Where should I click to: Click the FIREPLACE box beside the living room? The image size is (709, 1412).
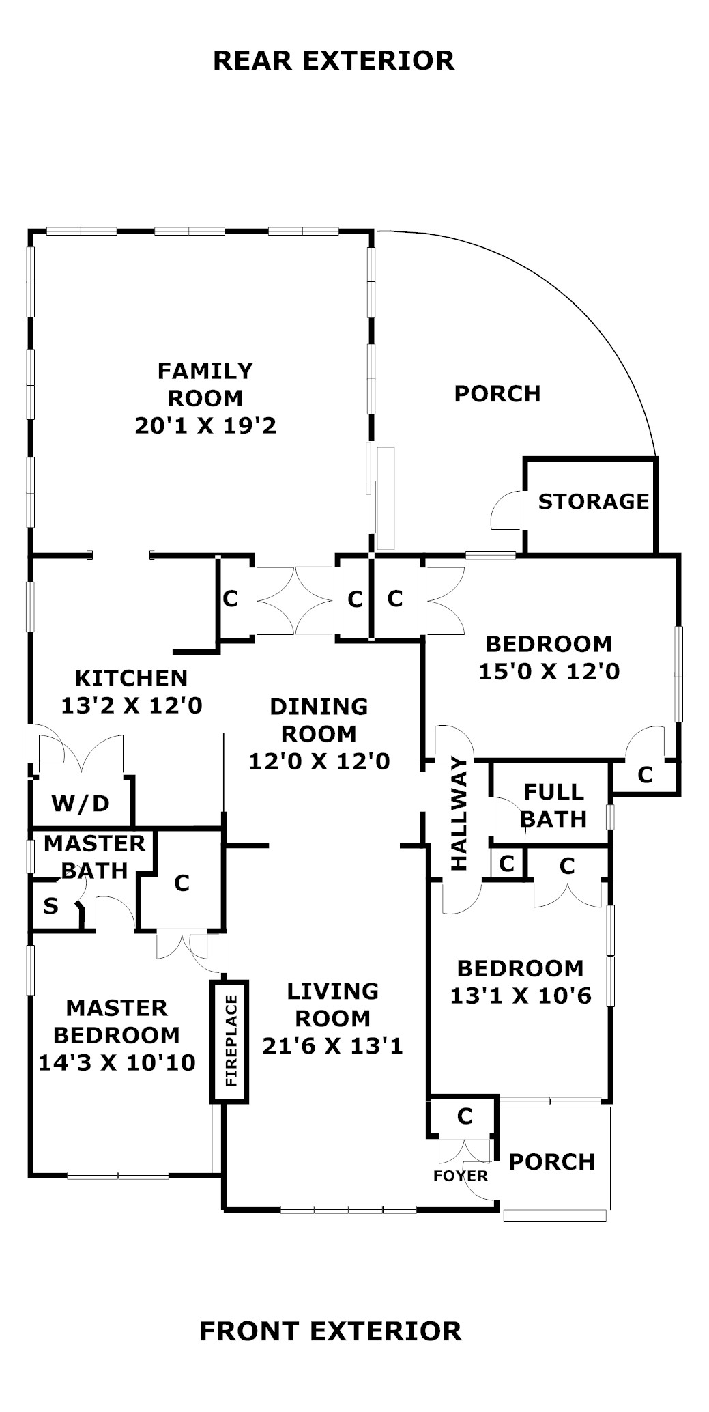point(229,1041)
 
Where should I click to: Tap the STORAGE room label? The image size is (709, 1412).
point(593,502)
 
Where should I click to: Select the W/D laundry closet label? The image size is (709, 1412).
point(81,804)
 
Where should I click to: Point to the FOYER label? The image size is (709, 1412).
point(461,1176)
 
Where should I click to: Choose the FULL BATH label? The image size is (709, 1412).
point(553,805)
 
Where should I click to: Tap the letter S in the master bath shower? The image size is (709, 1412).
point(50,906)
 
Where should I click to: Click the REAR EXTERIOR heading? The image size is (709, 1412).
point(334,60)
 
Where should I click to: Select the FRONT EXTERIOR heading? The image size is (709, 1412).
point(330,1331)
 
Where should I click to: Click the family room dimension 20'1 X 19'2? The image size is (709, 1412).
point(205,426)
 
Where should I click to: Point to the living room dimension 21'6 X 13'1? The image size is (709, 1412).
point(332,1045)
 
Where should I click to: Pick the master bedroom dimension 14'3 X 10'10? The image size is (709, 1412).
point(117,1062)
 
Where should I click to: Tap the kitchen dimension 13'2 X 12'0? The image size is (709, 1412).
point(132,705)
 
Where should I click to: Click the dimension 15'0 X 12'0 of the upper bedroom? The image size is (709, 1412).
point(549,671)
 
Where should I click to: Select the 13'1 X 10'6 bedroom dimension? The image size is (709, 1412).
point(520,996)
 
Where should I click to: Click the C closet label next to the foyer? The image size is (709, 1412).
point(465,1116)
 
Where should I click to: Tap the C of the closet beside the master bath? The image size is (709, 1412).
point(182,883)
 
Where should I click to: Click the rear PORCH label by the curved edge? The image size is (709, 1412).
point(497,393)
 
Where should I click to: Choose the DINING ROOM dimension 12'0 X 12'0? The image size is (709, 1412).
point(319,761)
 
